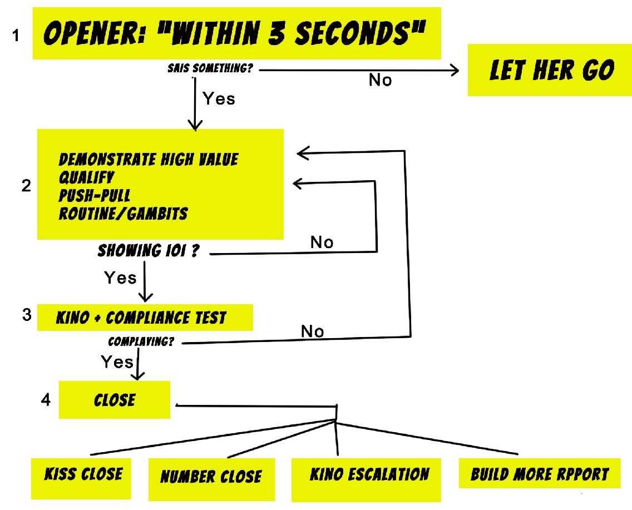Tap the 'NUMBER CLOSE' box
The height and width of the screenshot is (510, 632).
coord(211,477)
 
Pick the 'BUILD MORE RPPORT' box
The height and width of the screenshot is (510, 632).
coord(540,474)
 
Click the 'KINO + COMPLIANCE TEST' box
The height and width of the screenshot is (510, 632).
coord(145,318)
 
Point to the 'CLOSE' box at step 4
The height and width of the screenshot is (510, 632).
coord(115,400)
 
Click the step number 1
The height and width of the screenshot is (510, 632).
coord(16,37)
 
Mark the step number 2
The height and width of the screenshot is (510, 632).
coord(26,186)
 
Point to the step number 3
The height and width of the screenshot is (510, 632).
coord(26,314)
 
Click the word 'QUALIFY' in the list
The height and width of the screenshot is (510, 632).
coord(86,177)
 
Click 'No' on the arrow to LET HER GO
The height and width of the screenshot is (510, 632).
coord(380,81)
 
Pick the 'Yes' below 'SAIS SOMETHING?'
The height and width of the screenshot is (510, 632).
coord(219,99)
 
